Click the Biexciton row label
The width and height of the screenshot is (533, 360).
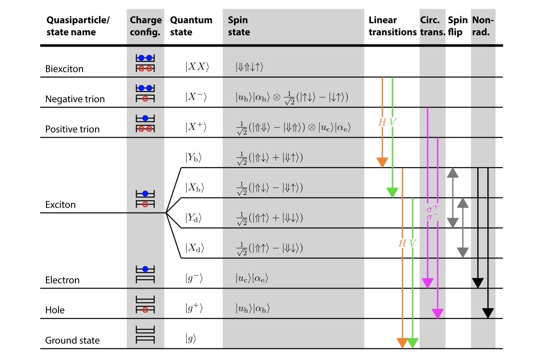click(x=64, y=69)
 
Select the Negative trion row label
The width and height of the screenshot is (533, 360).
click(x=75, y=99)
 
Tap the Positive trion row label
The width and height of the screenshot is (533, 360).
click(x=72, y=129)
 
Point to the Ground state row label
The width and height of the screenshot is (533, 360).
click(x=72, y=340)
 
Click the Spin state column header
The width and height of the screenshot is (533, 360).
click(x=239, y=26)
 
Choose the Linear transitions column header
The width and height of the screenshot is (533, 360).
click(x=393, y=26)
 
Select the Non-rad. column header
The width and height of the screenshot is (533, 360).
click(x=483, y=26)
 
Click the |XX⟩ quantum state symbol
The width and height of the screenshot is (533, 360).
click(x=197, y=67)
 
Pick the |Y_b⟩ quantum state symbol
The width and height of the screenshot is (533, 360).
click(x=193, y=157)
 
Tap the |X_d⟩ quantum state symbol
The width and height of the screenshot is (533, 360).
click(x=195, y=248)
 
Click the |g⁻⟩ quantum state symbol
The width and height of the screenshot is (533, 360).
click(x=194, y=278)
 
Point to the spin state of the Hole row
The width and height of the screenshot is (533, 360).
click(x=253, y=309)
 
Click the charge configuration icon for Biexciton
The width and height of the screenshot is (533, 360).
click(x=145, y=63)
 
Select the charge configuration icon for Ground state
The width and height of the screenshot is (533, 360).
click(x=145, y=335)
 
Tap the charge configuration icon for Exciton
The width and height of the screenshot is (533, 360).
click(x=145, y=199)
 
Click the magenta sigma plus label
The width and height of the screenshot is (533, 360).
click(x=433, y=208)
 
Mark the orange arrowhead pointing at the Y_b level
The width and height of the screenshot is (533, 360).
click(x=383, y=163)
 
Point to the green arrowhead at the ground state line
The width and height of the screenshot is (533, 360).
click(x=412, y=343)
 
